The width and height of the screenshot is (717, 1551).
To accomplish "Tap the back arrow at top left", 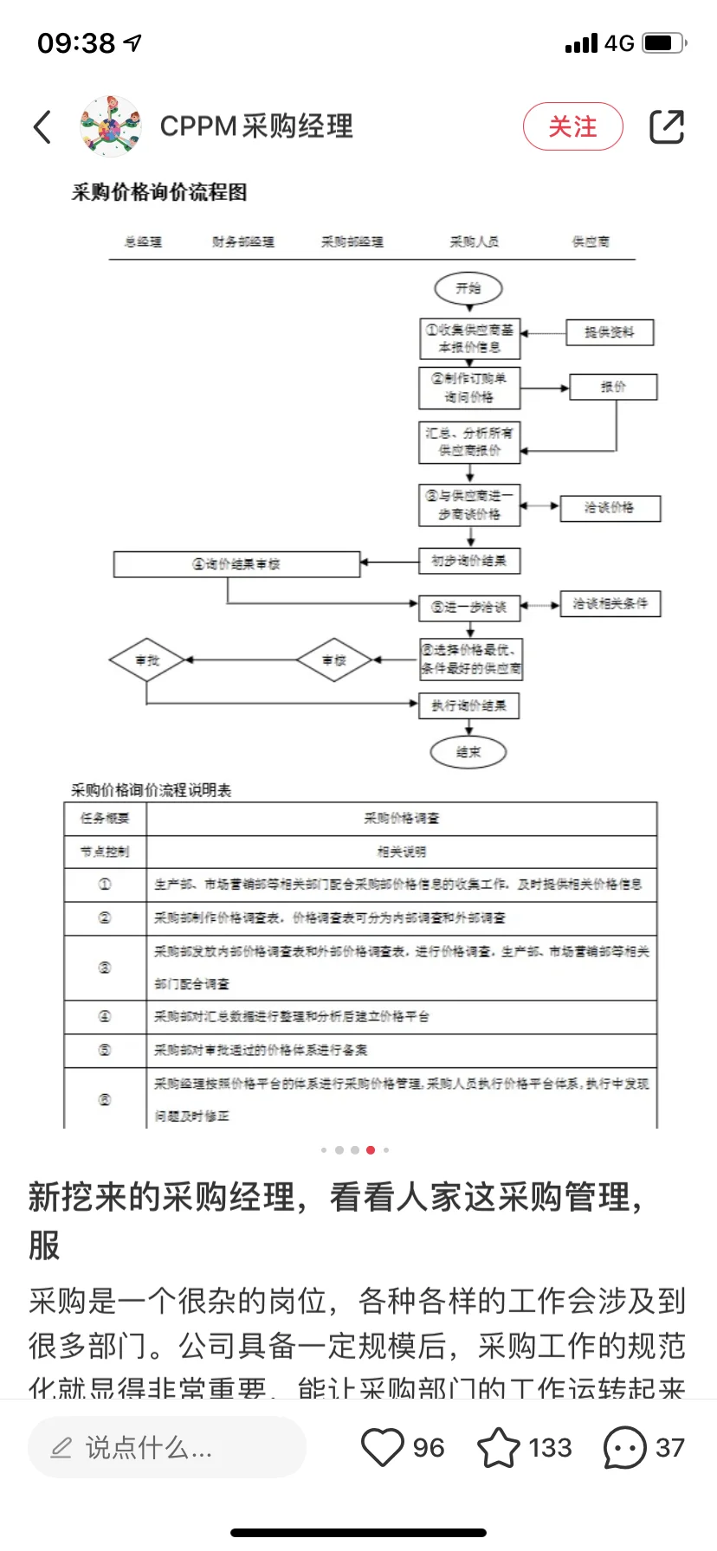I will pyautogui.click(x=42, y=126).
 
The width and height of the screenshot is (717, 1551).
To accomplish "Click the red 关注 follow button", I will pyautogui.click(x=572, y=126).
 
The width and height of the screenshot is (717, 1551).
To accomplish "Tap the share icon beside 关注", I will pyautogui.click(x=667, y=126).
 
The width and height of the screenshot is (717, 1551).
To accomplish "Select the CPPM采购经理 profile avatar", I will pyautogui.click(x=110, y=126).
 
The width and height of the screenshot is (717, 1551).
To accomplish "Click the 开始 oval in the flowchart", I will pyautogui.click(x=468, y=288).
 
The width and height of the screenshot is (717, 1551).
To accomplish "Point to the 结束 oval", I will pyautogui.click(x=468, y=752).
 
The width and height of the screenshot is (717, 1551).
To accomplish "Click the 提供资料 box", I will pyautogui.click(x=609, y=332).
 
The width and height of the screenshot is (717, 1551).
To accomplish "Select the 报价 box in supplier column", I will pyautogui.click(x=613, y=387).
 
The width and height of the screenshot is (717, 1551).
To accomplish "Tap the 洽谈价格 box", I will pyautogui.click(x=610, y=508).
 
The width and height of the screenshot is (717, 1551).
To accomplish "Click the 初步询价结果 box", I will pyautogui.click(x=469, y=561).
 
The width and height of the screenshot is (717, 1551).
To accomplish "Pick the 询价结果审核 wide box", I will pyautogui.click(x=236, y=564).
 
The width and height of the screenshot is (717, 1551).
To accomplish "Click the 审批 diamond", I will pyautogui.click(x=147, y=660).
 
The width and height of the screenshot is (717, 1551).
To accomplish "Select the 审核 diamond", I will pyautogui.click(x=334, y=660).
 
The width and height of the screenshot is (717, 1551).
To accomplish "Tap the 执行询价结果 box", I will pyautogui.click(x=469, y=705).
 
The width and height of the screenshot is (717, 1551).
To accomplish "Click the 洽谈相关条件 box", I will pyautogui.click(x=610, y=603).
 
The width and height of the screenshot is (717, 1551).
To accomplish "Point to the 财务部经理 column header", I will pyautogui.click(x=243, y=241).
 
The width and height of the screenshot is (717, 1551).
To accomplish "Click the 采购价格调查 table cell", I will pyautogui.click(x=401, y=818).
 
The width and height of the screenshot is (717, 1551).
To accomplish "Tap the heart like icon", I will pyautogui.click(x=382, y=1447).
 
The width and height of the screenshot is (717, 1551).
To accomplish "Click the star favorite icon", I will pyautogui.click(x=499, y=1447).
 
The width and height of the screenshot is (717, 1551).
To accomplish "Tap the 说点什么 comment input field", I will pyautogui.click(x=167, y=1447).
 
